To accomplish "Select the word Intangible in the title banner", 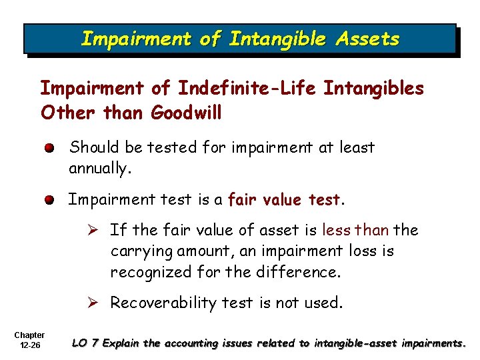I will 276,39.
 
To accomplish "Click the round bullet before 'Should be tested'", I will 51,148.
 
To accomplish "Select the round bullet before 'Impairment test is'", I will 51,199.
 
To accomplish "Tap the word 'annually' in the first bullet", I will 98,169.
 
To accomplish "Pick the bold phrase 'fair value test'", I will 284,199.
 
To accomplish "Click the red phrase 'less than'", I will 355,230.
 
